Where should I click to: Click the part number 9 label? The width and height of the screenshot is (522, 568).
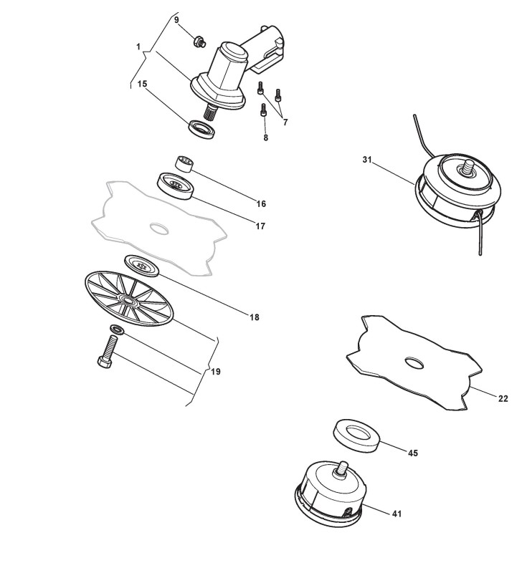point(177,19)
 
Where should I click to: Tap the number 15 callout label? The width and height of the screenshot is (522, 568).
point(142,84)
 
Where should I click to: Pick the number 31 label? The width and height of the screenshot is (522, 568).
point(367,159)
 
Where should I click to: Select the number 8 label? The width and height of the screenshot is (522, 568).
point(265,137)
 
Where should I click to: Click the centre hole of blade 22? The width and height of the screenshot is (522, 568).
point(414,363)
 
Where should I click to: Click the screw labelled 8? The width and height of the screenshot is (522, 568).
point(264,112)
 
